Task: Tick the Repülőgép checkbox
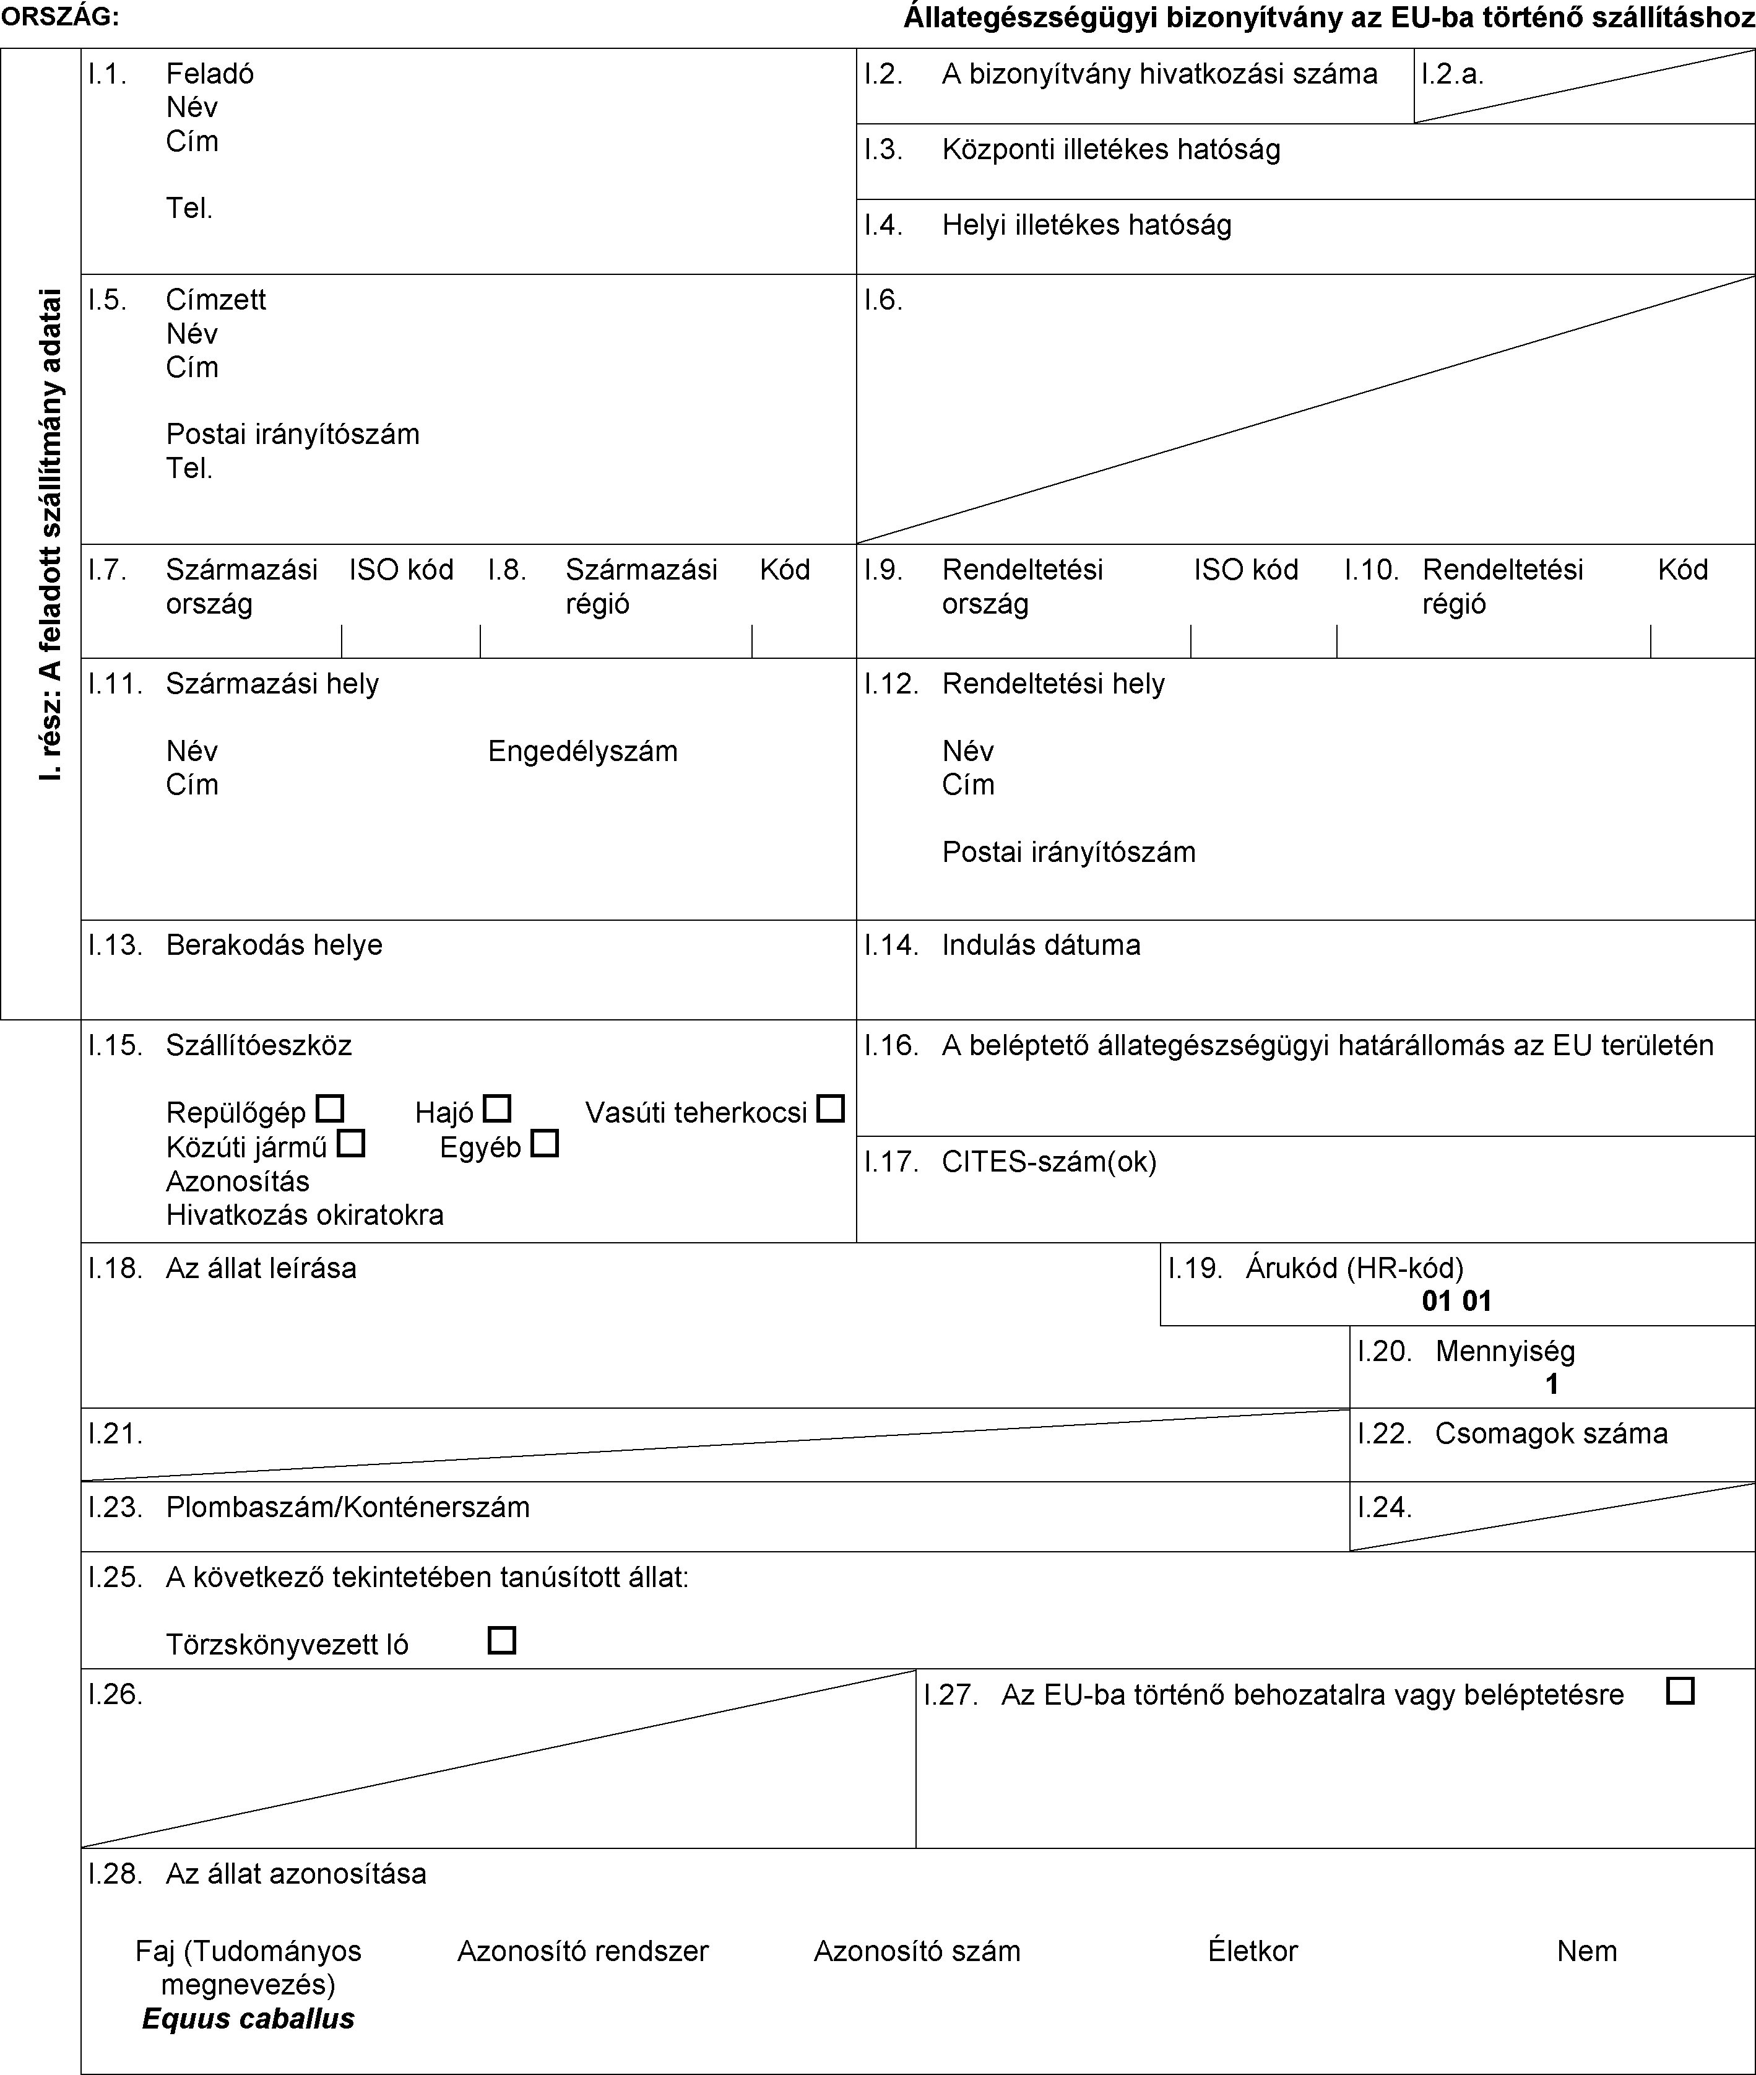tap(329, 1108)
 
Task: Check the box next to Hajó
tap(497, 1108)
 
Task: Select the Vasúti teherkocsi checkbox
tap(830, 1108)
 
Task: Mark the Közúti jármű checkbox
tap(350, 1143)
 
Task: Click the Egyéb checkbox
tap(545, 1143)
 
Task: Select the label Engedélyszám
tap(582, 750)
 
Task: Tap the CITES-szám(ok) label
tap(1049, 1161)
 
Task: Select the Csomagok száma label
tap(1551, 1433)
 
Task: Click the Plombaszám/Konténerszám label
tap(347, 1507)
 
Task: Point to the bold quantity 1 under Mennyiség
tap(1551, 1384)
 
